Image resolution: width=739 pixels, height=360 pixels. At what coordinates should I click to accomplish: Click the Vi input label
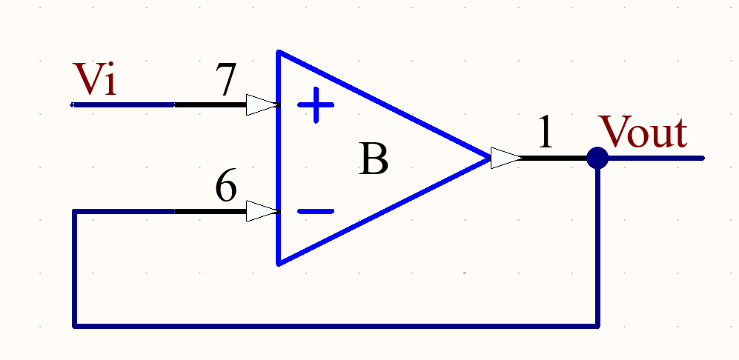tap(94, 79)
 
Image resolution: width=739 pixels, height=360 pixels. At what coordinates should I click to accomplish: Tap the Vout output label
tap(643, 133)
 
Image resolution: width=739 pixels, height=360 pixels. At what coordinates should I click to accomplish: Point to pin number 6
tap(226, 187)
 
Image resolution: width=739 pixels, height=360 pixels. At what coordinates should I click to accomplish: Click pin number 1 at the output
tap(545, 134)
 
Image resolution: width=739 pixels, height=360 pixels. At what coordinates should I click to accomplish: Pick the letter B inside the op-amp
tap(373, 159)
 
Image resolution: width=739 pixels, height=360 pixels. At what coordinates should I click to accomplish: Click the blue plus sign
tap(316, 105)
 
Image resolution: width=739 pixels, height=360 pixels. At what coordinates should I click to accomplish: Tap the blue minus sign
tap(316, 211)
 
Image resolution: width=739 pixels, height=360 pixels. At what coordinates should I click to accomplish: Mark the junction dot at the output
tap(597, 158)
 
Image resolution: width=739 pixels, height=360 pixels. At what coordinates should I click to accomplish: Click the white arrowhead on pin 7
tap(262, 104)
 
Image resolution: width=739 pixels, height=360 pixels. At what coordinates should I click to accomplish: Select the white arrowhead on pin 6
tap(262, 211)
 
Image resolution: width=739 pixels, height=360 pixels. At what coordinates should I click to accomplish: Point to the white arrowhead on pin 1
tap(506, 158)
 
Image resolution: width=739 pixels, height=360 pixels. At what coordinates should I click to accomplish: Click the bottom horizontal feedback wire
tap(334, 324)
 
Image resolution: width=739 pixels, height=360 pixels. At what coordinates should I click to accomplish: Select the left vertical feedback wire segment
tap(75, 267)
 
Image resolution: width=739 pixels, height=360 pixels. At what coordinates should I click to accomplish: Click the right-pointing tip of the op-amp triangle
tap(488, 158)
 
